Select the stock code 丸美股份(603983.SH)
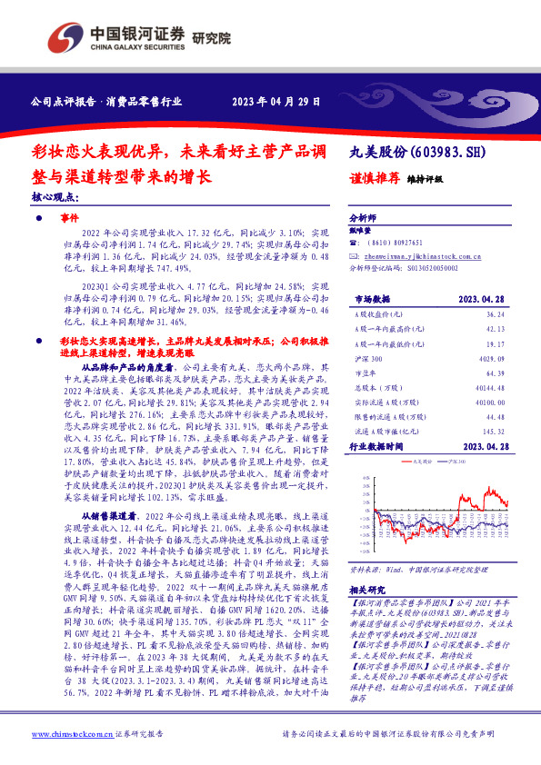coord(413,154)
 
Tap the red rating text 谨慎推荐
coord(374,179)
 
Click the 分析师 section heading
coord(363,218)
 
